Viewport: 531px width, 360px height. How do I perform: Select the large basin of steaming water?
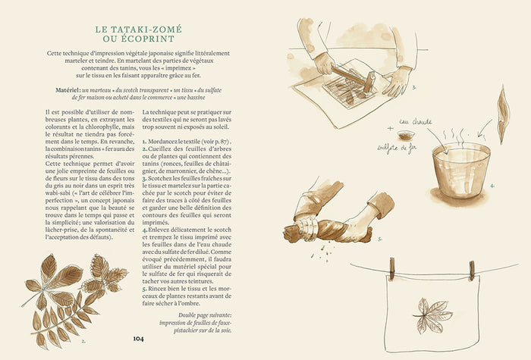[460, 163]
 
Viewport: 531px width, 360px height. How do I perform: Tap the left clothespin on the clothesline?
[393, 268]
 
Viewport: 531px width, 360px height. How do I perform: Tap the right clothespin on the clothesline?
[471, 269]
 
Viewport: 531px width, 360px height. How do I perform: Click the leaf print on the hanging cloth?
[432, 311]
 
